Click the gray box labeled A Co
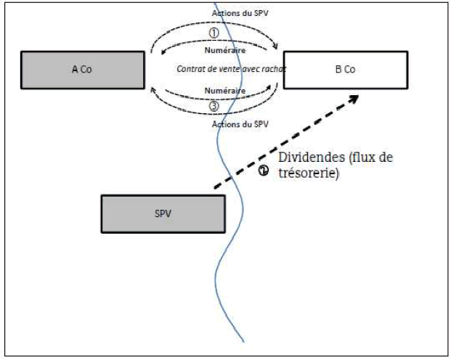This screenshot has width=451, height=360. pyautogui.click(x=82, y=69)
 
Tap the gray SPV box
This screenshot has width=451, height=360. pyautogui.click(x=163, y=214)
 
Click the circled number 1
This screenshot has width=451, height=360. pyautogui.click(x=214, y=33)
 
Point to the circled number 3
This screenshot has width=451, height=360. pyautogui.click(x=214, y=106)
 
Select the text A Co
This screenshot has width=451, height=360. pyautogui.click(x=81, y=70)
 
